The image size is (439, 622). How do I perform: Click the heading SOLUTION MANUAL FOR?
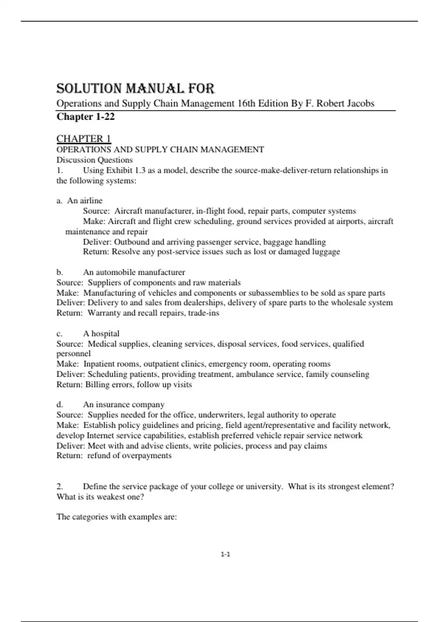click(135, 89)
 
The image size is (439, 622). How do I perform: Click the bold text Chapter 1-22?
click(86, 117)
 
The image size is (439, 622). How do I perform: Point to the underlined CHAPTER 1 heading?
click(83, 139)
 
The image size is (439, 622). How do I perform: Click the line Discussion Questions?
click(94, 160)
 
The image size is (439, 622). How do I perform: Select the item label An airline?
click(85, 201)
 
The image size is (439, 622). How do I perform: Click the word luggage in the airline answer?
click(326, 252)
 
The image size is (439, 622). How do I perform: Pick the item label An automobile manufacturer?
click(134, 272)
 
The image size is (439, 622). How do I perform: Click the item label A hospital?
click(101, 334)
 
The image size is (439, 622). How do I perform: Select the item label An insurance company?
click(124, 405)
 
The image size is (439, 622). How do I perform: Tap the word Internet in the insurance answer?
click(100, 436)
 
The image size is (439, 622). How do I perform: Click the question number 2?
click(60, 487)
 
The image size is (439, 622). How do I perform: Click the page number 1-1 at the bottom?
click(225, 554)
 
